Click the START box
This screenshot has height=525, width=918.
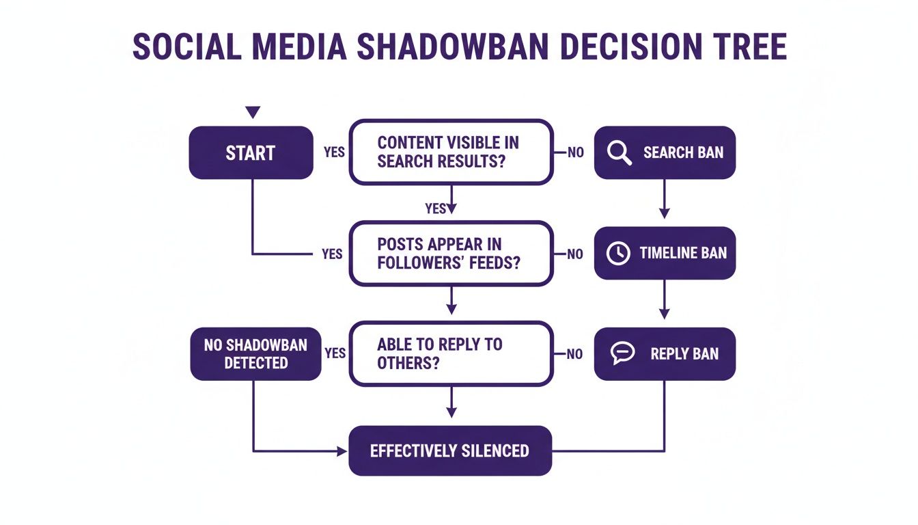click(251, 153)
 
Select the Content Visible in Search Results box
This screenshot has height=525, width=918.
click(450, 152)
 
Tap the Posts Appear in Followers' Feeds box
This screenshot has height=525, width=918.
click(450, 253)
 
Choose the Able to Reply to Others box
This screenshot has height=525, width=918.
click(450, 353)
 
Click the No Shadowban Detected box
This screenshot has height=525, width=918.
click(255, 353)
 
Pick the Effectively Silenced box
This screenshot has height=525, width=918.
click(450, 450)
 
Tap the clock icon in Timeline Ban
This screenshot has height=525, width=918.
click(618, 253)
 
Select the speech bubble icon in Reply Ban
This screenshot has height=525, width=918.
click(622, 353)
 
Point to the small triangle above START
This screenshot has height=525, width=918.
click(253, 112)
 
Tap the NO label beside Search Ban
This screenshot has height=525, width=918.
click(576, 153)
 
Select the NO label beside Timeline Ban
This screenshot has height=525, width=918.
click(575, 254)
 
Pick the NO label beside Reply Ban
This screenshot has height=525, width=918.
click(575, 354)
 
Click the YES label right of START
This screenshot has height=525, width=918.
click(334, 152)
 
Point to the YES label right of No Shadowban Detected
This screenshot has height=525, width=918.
click(335, 353)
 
